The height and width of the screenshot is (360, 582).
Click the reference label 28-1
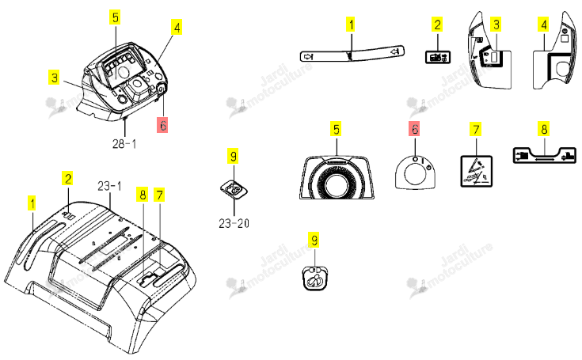(124, 143)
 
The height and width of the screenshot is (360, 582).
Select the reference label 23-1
(109, 186)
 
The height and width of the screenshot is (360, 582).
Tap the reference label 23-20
(234, 223)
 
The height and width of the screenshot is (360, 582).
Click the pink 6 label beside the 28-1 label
(162, 125)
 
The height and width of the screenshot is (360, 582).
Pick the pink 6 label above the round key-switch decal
(414, 129)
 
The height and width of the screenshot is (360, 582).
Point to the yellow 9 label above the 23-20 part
(233, 156)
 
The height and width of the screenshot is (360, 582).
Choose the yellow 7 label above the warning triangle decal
(476, 130)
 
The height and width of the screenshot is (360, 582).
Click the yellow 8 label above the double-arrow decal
(544, 129)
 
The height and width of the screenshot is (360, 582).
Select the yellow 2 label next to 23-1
(67, 179)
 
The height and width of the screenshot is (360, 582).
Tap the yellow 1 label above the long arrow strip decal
(351, 25)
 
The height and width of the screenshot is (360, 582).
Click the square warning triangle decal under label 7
(476, 171)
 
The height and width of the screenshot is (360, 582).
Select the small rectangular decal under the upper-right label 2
(438, 57)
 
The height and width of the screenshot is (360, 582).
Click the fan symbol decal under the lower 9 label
(315, 278)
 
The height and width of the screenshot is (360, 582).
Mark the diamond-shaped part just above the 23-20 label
(234, 190)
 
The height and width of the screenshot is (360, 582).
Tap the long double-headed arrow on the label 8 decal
(544, 158)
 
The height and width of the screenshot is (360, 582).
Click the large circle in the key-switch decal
(415, 173)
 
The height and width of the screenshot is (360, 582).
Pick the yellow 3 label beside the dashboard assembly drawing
(54, 78)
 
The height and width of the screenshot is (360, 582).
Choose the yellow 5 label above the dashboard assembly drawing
(116, 17)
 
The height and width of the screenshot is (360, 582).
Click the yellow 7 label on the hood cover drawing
(159, 195)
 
